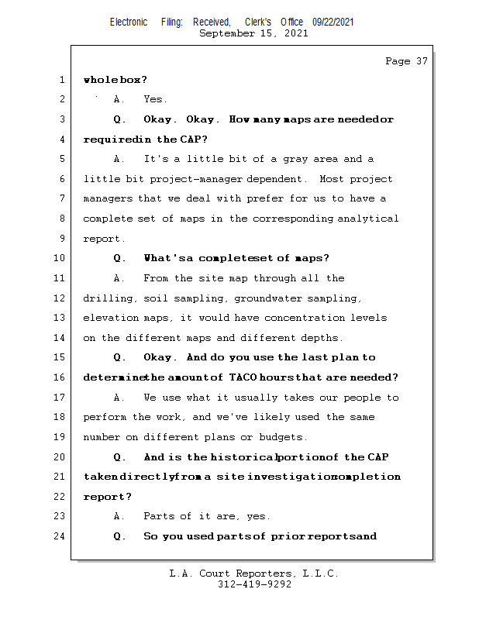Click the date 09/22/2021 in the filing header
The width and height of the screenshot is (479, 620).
coord(333,22)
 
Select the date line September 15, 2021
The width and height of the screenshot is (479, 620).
coord(253,33)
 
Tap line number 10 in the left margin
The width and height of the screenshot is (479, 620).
coord(60,258)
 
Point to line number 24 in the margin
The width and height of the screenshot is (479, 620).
coord(60,536)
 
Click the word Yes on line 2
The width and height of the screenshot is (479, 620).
coord(154,99)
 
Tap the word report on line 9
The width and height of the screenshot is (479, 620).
coord(102,239)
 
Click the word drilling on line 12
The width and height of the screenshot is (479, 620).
coord(107,298)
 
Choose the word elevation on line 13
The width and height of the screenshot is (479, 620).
coord(112,318)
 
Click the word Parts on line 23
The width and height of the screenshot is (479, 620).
coord(159,516)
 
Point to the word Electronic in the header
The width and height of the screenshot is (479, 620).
coord(129,22)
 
